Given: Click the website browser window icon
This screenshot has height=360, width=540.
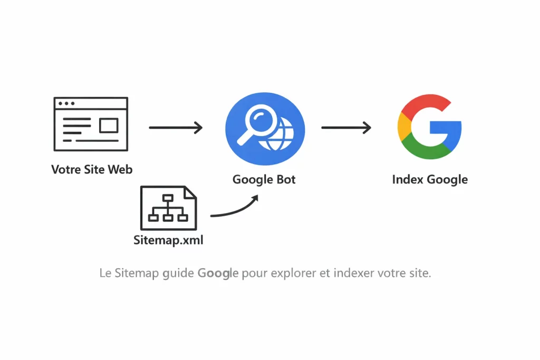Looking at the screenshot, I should pos(91,124).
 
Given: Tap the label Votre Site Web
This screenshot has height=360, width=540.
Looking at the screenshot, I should pos(92,169).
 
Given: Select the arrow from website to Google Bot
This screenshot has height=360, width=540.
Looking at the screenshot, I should pos(176,127).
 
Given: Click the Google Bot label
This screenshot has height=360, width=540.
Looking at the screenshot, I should pos(264,179).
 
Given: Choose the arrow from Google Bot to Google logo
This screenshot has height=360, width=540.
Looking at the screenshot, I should pos(346,127).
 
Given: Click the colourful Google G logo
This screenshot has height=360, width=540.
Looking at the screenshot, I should pos(429,127).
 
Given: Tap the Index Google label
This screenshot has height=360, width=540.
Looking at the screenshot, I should pos(430,179).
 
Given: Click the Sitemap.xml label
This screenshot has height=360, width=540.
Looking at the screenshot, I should pos(168,240).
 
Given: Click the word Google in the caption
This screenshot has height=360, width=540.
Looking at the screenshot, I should pos(218,274).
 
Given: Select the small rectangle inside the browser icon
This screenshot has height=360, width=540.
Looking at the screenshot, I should pos(109,125).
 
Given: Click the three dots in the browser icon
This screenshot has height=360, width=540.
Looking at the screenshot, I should pos(66,103).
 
